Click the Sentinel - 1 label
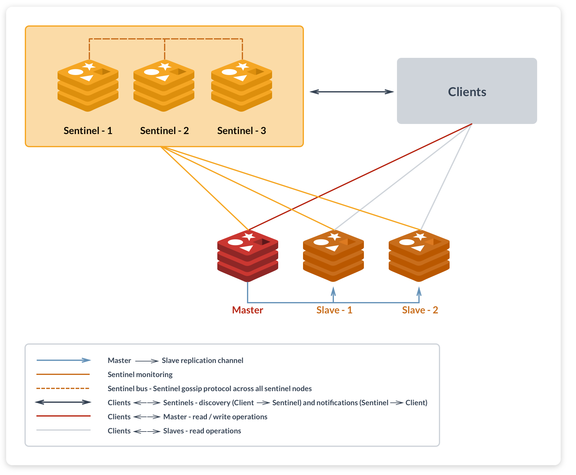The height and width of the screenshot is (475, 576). pyautogui.click(x=88, y=131)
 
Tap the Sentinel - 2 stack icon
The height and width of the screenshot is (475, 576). pyautogui.click(x=164, y=86)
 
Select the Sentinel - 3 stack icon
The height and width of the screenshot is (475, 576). pyautogui.click(x=241, y=86)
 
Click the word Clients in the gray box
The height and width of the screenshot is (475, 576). pyautogui.click(x=467, y=92)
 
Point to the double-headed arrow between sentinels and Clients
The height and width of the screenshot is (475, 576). pyautogui.click(x=352, y=92)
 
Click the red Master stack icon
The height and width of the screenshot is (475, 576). pyautogui.click(x=248, y=256)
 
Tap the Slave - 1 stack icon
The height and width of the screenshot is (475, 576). pyautogui.click(x=333, y=256)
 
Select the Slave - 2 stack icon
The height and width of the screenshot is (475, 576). pyautogui.click(x=419, y=256)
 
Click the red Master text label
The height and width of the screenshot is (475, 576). pyautogui.click(x=247, y=310)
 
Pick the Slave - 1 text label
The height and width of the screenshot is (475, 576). pyautogui.click(x=334, y=310)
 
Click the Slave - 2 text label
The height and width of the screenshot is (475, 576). pyautogui.click(x=420, y=310)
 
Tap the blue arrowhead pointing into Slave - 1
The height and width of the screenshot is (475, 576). pyautogui.click(x=333, y=291)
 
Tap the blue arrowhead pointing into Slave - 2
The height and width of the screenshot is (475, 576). pyautogui.click(x=419, y=291)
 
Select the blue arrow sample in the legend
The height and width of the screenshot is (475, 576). pyautogui.click(x=64, y=360)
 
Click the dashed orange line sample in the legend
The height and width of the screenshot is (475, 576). pyautogui.click(x=63, y=388)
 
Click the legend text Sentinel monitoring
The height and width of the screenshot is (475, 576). pyautogui.click(x=140, y=375)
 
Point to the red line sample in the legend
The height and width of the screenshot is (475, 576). pyautogui.click(x=63, y=416)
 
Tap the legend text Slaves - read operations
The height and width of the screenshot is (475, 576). pyautogui.click(x=202, y=431)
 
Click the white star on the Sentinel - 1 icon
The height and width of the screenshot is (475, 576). pyautogui.click(x=89, y=66)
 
